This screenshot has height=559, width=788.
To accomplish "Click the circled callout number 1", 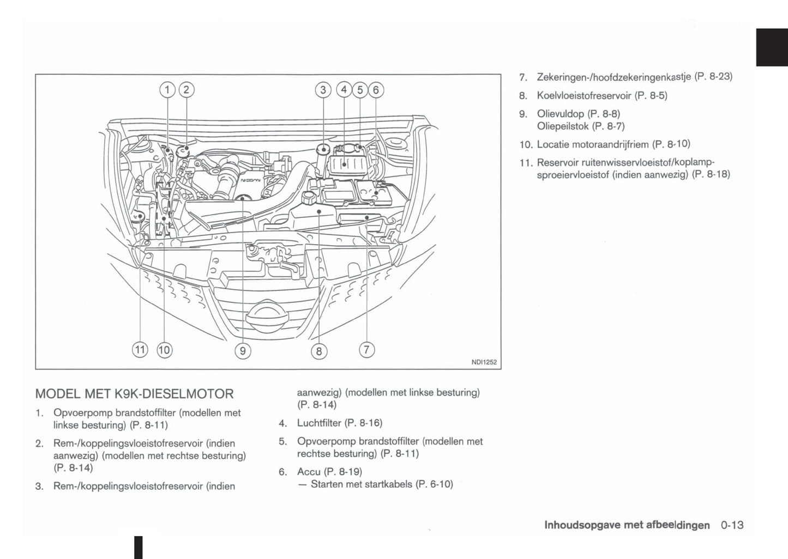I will (x=167, y=90).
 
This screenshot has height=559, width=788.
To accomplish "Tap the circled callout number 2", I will (x=187, y=90).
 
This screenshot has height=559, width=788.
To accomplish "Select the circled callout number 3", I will (x=323, y=90).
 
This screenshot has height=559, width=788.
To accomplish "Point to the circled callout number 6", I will (x=376, y=90).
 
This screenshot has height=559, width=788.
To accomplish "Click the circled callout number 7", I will (x=367, y=349).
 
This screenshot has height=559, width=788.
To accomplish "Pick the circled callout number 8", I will (x=319, y=351).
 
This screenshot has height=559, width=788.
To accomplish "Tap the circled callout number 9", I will (x=243, y=351).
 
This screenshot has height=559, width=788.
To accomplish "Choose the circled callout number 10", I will (x=164, y=350).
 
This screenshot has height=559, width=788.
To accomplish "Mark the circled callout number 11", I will (x=140, y=349).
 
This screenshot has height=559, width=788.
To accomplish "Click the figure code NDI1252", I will (x=484, y=362).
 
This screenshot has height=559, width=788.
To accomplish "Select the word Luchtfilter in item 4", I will (x=319, y=423).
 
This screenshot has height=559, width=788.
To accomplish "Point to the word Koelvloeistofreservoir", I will (x=584, y=95).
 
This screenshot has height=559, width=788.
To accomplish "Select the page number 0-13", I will (x=732, y=525).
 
